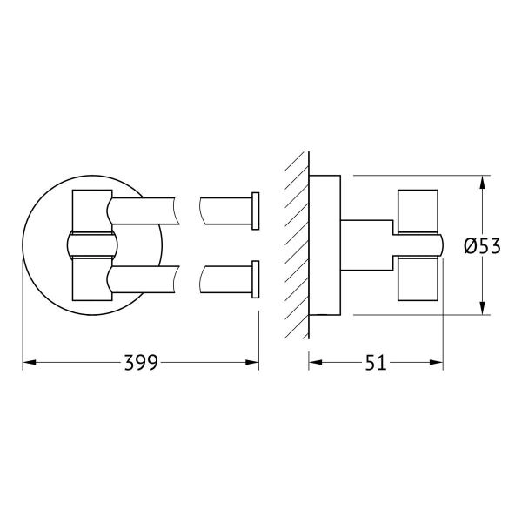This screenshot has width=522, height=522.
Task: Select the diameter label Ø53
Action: click(481, 246)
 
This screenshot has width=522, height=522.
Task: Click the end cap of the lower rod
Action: click(254, 280)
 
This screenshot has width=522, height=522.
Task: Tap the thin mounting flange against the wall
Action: click(324, 246)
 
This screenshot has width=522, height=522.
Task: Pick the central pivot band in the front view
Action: click(90, 245)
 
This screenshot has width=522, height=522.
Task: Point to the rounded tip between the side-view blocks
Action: click(438, 246)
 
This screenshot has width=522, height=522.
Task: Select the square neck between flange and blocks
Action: click(365, 246)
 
